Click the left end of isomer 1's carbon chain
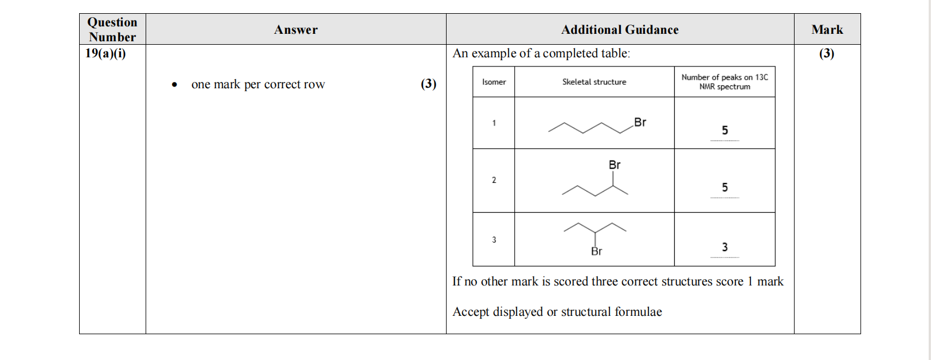tap(549, 132)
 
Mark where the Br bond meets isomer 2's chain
tap(613, 186)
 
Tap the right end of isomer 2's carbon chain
tap(628, 194)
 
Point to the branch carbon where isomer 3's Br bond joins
tap(595, 232)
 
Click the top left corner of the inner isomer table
tap(473, 66)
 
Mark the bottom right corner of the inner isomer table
tap(775, 266)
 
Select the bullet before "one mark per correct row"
tap(174, 85)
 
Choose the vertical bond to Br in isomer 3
tap(595, 239)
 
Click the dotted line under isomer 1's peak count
tap(725, 141)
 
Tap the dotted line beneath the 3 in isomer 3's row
tap(725, 258)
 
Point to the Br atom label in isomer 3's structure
tap(596, 251)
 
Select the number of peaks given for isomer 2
tap(725, 187)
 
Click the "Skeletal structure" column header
tap(594, 82)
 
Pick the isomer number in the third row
tap(494, 240)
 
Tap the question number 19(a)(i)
tap(105, 54)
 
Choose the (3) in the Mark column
tap(827, 54)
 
